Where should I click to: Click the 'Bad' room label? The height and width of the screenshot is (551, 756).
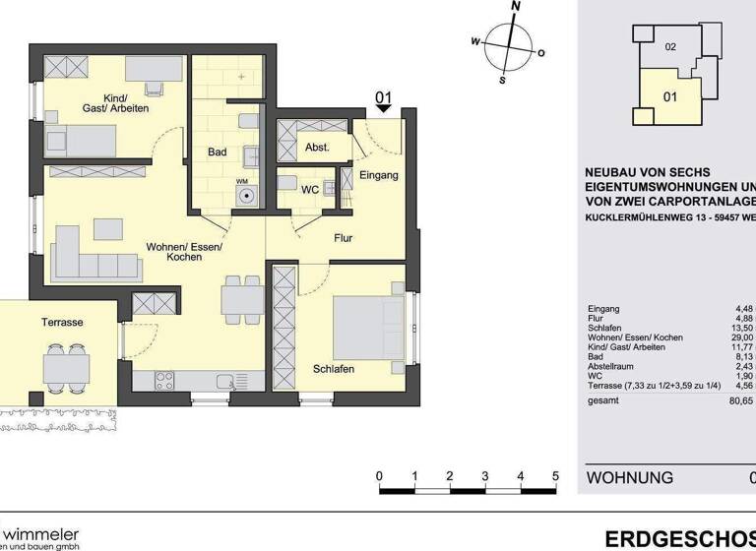217,153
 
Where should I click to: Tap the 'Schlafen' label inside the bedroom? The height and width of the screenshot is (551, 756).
334,368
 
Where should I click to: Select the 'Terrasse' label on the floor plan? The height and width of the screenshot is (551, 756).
61,322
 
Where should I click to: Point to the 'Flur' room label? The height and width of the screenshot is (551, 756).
343,238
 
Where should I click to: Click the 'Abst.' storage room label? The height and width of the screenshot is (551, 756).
317,148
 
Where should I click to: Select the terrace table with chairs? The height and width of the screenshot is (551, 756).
66,367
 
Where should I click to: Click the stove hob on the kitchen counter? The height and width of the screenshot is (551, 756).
164,382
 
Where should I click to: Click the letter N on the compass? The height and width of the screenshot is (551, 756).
515,6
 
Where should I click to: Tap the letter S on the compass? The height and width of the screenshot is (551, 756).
502,81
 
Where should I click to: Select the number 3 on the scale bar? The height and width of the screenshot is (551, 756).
485,476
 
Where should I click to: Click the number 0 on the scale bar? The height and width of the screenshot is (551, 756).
380,476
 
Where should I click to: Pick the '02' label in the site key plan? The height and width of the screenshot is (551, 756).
670,46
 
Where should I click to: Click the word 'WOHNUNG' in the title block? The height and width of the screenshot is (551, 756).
630,478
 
